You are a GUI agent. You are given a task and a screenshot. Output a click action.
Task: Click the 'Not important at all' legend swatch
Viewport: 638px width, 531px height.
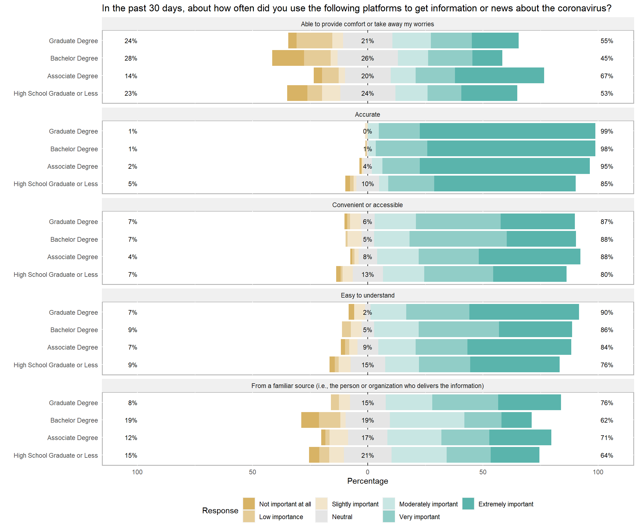point(249,504)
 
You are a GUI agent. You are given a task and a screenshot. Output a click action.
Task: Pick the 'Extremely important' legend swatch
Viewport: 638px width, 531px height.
point(468,504)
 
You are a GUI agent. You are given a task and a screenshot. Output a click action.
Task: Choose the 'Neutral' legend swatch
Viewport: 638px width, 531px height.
point(321,516)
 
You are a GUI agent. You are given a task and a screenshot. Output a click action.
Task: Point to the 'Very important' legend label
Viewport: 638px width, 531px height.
point(419,517)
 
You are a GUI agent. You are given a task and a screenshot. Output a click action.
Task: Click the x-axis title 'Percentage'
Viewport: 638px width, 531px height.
point(368,481)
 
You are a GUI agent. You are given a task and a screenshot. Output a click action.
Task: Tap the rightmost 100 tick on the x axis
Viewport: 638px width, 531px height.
point(598,472)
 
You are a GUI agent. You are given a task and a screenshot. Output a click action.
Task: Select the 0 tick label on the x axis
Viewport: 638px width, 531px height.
point(368,472)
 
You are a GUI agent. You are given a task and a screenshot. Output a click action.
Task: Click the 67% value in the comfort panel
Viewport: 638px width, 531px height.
point(606,76)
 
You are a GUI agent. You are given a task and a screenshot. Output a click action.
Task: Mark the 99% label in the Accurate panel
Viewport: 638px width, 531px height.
point(606,131)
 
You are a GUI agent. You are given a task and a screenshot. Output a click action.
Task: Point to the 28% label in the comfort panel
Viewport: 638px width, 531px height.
point(131,58)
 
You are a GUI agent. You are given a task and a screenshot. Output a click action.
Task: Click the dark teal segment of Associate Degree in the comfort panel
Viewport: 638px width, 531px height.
point(499,76)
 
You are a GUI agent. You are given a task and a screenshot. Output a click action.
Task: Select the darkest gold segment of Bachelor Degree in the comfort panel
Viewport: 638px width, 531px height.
point(288,58)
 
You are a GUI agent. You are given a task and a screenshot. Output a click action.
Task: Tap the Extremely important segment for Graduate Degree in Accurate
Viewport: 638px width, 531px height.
point(507,131)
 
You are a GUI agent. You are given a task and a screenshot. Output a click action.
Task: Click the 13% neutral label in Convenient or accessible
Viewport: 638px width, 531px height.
point(368,275)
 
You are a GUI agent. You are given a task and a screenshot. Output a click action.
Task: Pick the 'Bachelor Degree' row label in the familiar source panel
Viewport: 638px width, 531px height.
point(74,420)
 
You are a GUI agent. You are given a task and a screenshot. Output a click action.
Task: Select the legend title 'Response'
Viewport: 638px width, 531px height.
point(220,510)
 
